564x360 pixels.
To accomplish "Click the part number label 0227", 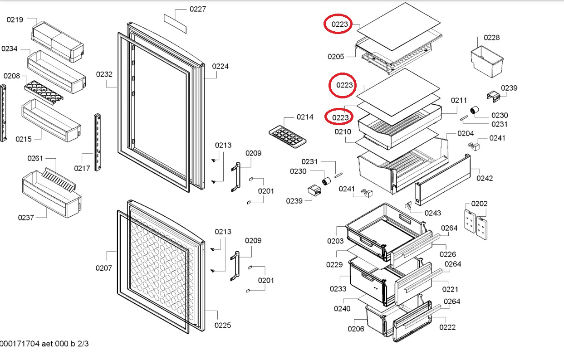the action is pyautogui.click(x=198, y=10).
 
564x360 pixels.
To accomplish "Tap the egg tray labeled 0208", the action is pyautogui.click(x=44, y=92).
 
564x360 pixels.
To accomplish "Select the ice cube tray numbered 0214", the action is pyautogui.click(x=288, y=137).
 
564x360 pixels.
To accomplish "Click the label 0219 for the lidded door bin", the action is pyautogui.click(x=15, y=19).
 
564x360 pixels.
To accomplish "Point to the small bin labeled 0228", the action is pyautogui.click(x=487, y=61).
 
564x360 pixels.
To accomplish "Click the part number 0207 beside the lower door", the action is pyautogui.click(x=104, y=268).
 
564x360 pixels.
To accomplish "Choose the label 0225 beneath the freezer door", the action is pyautogui.click(x=223, y=326).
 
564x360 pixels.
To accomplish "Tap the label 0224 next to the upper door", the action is pyautogui.click(x=221, y=66).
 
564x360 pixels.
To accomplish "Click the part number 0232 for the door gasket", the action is pyautogui.click(x=104, y=74).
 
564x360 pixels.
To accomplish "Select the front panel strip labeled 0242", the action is pyautogui.click(x=443, y=180).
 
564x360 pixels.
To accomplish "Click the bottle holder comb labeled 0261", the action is pyautogui.click(x=59, y=179).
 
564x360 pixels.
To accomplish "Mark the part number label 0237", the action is pyautogui.click(x=26, y=218).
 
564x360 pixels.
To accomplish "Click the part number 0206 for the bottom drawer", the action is pyautogui.click(x=356, y=329).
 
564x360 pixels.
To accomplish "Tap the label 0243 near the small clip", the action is pyautogui.click(x=433, y=213).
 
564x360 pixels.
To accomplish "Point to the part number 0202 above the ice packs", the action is pyautogui.click(x=480, y=204).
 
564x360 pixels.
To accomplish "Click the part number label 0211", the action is pyautogui.click(x=459, y=100).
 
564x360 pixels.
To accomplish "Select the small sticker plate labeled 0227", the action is pyautogui.click(x=175, y=24).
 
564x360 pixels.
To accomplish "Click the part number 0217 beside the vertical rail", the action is pyautogui.click(x=82, y=168).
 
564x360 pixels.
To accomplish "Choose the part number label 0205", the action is pyautogui.click(x=336, y=57).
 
